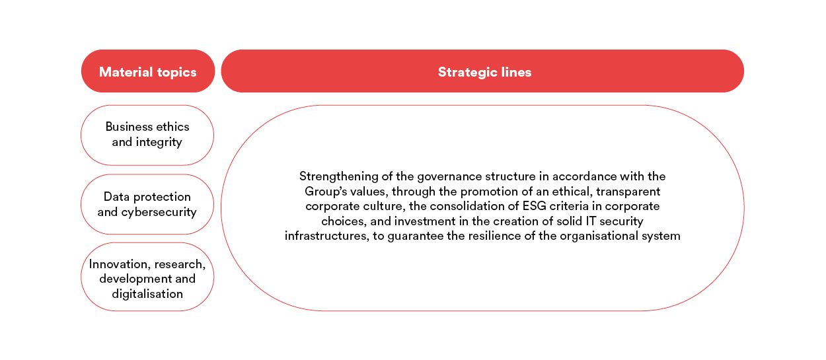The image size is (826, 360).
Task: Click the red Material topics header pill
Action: pos(148,71)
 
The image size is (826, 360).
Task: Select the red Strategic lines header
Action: pos(482,71)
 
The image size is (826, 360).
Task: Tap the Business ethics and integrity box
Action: pos(147,135)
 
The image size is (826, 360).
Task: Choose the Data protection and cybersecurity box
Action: pos(147,204)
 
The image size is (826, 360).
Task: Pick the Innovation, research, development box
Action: pos(147,277)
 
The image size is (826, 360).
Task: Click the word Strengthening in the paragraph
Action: pos(338,177)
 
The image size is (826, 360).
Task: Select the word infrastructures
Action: pos(326,235)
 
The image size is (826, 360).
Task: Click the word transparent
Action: pos(628,192)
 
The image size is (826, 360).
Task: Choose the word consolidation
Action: pos(469,205)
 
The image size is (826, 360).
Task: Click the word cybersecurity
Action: pos(159,212)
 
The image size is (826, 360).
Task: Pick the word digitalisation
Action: pos(147,294)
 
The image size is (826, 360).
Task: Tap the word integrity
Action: pos(159,142)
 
